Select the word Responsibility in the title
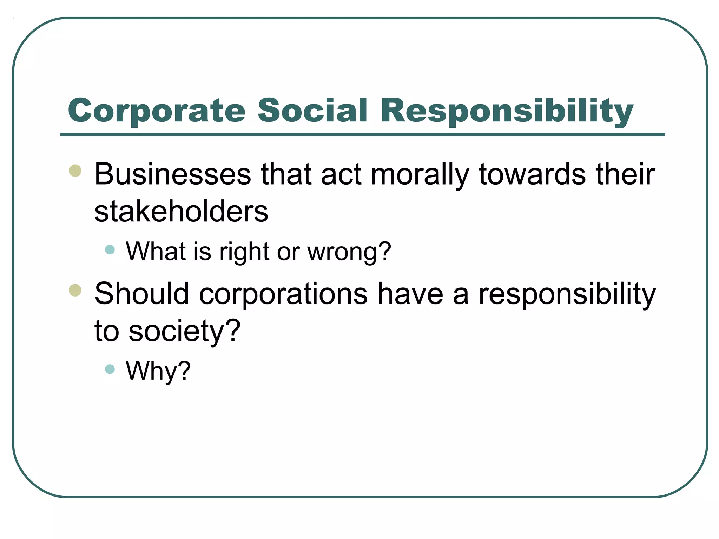507,111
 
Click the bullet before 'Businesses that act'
75,171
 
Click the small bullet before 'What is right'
110,249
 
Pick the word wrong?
349,252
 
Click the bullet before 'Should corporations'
75,290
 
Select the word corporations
283,294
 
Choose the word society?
185,331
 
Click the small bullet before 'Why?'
110,369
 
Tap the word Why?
158,371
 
